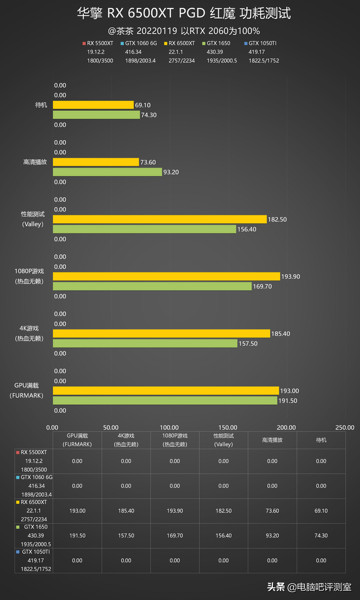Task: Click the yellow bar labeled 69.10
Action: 93,105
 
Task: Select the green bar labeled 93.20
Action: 107,172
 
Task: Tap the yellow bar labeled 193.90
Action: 166,276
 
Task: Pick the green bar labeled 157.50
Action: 145,343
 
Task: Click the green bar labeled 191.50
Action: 164,400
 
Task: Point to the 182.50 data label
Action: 277,219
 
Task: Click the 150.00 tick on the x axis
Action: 228,427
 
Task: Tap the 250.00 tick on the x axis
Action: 345,427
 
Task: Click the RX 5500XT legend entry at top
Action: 99,43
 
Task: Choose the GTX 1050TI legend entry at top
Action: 262,43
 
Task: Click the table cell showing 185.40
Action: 126,511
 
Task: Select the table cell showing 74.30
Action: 321,535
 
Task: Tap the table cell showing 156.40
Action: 223,535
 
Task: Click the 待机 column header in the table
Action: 321,440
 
